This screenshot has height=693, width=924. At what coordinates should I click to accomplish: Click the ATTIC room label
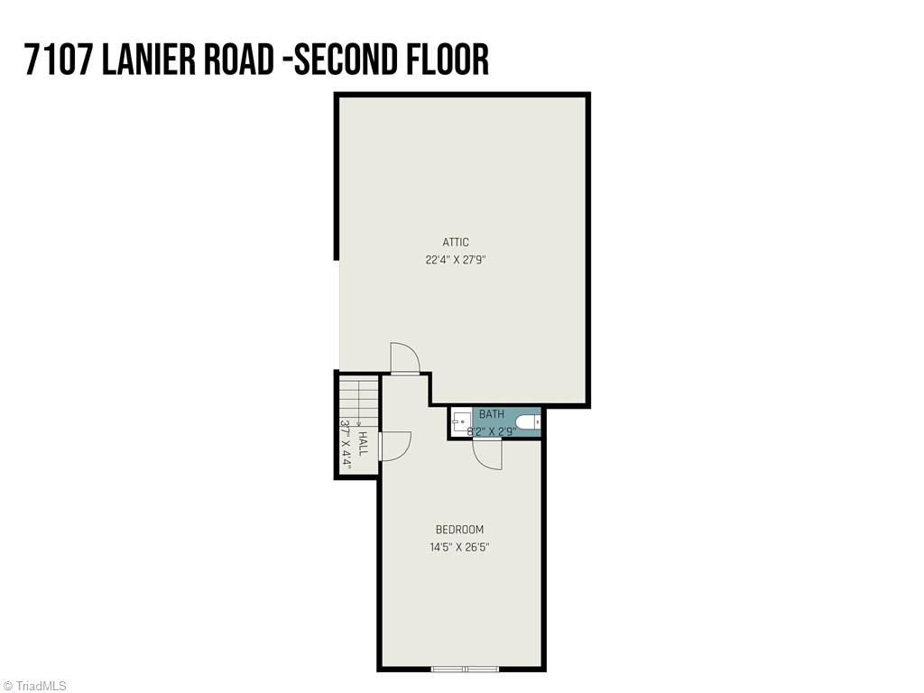(x=456, y=242)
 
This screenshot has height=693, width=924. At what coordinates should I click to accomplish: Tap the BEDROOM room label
(x=459, y=530)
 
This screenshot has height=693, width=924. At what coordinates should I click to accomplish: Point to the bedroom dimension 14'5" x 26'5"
(x=459, y=547)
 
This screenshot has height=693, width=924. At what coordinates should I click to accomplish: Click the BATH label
(x=492, y=414)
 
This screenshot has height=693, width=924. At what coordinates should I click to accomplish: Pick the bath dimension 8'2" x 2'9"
(x=492, y=431)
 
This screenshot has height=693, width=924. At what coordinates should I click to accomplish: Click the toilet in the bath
(x=527, y=422)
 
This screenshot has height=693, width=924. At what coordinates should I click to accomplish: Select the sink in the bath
(x=460, y=421)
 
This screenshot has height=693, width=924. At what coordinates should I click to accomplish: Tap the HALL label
(x=363, y=443)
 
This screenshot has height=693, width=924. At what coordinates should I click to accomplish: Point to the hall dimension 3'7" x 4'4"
(x=346, y=443)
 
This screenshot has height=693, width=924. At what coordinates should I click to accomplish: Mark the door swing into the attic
(x=404, y=358)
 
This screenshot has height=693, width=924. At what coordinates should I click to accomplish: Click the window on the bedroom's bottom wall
(x=465, y=669)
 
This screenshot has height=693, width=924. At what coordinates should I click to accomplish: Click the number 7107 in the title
(x=59, y=59)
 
